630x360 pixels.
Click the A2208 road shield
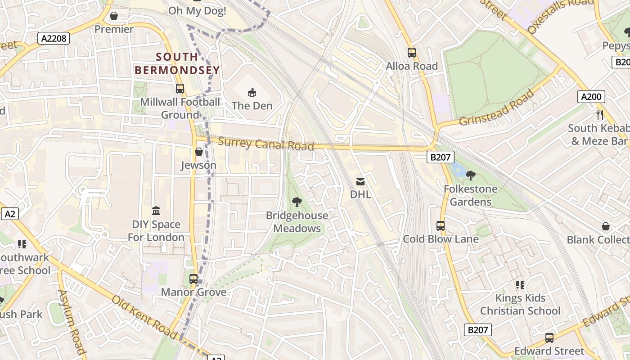tap(54, 38)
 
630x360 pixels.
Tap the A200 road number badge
tap(591, 96)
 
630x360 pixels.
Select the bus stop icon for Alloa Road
tap(411, 53)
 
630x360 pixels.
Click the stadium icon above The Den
tap(252, 93)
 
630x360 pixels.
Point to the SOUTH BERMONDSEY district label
tap(177, 63)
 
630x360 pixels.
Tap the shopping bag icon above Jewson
tap(198, 152)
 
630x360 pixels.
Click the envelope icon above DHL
tap(360, 181)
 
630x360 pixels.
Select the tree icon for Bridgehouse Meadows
tap(297, 202)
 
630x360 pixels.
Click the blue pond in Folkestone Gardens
tap(458, 170)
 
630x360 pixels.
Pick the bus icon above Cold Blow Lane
tap(440, 226)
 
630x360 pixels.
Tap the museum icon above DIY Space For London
tap(156, 211)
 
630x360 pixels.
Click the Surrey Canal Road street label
tap(266, 144)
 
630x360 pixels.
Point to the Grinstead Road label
tap(496, 108)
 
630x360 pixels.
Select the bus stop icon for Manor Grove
tap(193, 279)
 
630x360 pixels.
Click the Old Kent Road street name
tap(144, 317)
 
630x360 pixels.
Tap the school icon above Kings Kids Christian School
tap(520, 284)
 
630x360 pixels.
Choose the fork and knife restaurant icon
tap(599, 115)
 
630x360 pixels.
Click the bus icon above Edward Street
tap(549, 337)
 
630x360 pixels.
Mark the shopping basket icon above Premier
tap(114, 16)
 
